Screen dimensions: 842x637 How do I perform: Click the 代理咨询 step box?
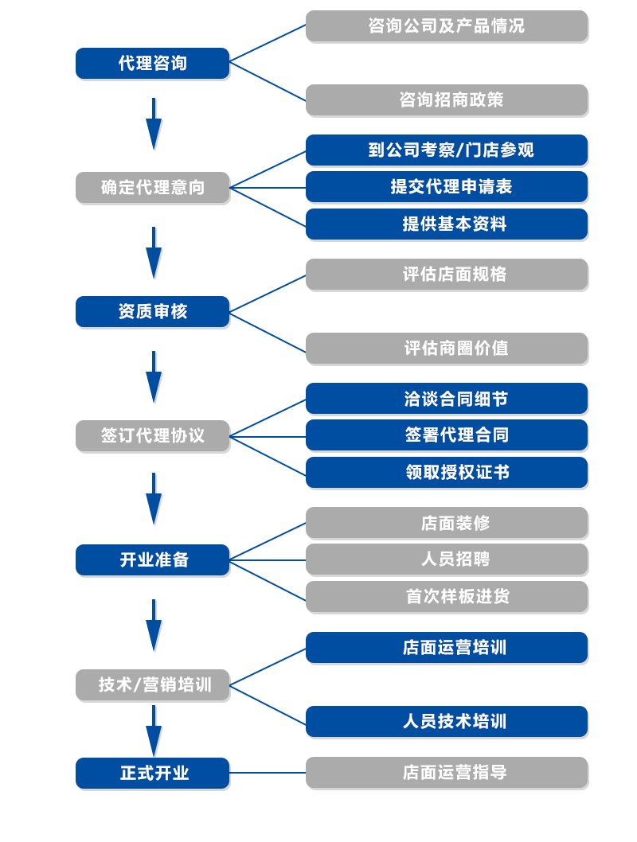(152, 64)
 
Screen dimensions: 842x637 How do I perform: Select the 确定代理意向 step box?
(152, 188)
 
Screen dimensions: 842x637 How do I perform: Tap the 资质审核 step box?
(152, 312)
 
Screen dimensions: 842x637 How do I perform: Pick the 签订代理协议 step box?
(152, 436)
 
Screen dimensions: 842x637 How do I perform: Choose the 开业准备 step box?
(152, 560)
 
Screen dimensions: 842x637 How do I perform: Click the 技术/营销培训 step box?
(152, 684)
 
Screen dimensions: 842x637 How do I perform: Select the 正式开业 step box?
(152, 773)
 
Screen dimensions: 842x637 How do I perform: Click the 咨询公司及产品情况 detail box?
(447, 26)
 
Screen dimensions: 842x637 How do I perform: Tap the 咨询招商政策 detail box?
(447, 100)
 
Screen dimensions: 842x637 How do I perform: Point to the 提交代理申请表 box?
(447, 187)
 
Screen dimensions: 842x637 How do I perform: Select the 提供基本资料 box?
(447, 224)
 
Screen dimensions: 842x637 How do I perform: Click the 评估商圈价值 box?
(447, 349)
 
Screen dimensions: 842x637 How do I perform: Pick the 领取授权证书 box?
(447, 473)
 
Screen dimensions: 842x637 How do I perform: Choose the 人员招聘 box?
(447, 559)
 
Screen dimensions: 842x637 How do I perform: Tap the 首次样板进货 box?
(447, 597)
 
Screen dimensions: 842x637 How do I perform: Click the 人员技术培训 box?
(447, 722)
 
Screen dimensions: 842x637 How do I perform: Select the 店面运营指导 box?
(447, 773)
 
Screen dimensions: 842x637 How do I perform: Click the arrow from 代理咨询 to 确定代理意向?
(154, 123)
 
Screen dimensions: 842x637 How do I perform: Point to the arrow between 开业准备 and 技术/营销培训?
(154, 625)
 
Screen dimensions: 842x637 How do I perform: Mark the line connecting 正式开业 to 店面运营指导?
(268, 773)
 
